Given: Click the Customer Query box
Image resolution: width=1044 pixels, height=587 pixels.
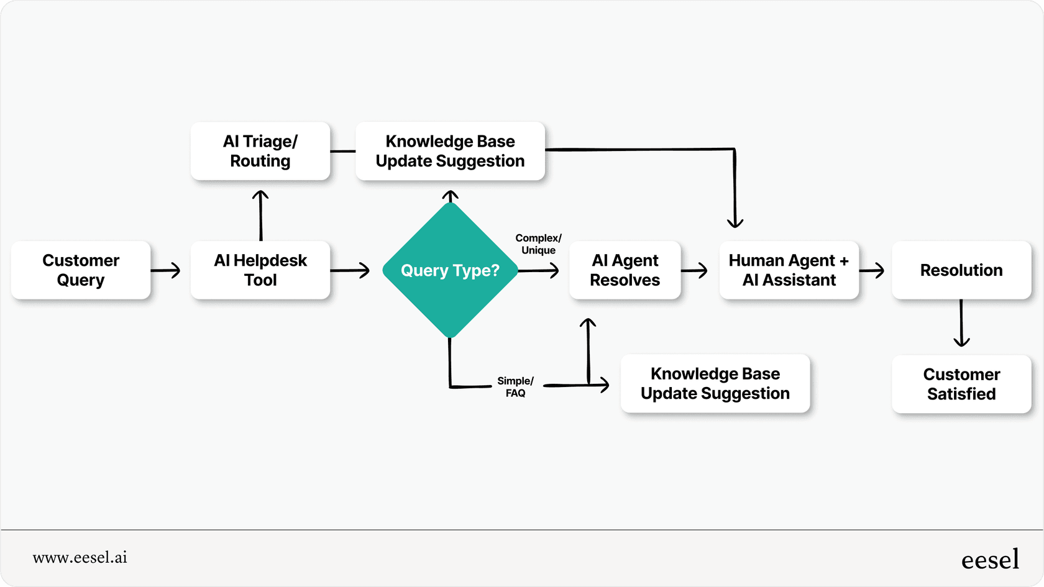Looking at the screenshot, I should click(x=81, y=270).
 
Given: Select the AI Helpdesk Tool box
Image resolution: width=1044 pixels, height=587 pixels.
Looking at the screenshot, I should click(x=260, y=270).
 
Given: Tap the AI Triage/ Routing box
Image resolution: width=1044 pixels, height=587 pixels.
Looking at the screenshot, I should click(x=260, y=151).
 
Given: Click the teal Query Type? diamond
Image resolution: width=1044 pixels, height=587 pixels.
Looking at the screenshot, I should click(x=450, y=270).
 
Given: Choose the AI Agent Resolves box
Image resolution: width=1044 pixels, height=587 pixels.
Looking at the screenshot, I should click(x=625, y=270).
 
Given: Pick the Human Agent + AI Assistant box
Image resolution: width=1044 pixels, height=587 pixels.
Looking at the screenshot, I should click(x=789, y=270).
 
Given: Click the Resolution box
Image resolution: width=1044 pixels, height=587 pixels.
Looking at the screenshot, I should click(x=961, y=270).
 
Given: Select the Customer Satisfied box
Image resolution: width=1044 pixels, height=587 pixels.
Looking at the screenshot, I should click(x=961, y=384).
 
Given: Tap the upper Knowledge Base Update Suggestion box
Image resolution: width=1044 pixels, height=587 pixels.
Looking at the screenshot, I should click(x=450, y=151).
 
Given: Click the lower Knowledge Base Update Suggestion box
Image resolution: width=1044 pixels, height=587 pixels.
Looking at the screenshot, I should click(x=715, y=383).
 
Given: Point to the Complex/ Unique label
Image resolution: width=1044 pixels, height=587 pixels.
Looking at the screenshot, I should click(x=538, y=244).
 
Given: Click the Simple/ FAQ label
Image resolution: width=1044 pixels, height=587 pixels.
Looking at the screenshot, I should click(x=515, y=387).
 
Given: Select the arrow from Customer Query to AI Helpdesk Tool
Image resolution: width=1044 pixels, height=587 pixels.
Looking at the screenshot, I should click(x=165, y=270).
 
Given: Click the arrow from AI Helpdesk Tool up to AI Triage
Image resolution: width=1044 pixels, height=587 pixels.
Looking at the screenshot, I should click(x=260, y=214).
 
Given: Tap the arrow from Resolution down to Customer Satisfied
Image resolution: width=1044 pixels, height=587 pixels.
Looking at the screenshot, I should click(x=961, y=323).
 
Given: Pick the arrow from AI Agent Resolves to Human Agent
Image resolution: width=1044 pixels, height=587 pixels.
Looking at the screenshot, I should click(x=695, y=270).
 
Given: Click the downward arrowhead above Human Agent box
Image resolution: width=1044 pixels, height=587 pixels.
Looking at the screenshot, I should click(x=735, y=221).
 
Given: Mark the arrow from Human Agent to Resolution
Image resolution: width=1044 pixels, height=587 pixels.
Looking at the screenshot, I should click(x=872, y=270).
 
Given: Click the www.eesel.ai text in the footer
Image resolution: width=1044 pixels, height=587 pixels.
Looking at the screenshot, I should click(x=80, y=557).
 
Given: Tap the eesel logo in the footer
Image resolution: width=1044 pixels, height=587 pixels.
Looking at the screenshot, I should click(x=990, y=560).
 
